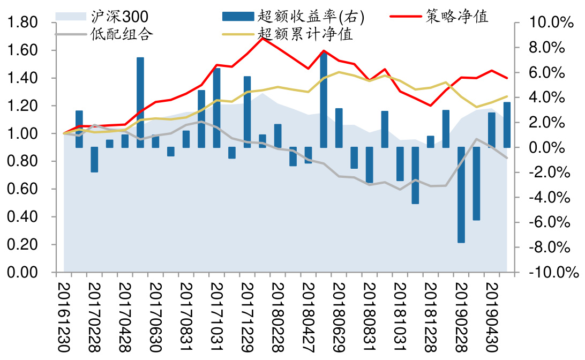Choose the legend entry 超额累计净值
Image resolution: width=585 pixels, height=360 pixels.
pyautogui.click(x=305, y=35)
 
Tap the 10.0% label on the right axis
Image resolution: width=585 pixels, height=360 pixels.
pyautogui.click(x=547, y=23)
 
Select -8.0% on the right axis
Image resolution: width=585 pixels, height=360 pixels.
pyautogui.click(x=547, y=247)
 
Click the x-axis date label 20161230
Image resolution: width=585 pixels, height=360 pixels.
pyautogui.click(x=64, y=316)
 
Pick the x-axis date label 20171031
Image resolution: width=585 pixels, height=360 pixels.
pyautogui.click(x=216, y=316)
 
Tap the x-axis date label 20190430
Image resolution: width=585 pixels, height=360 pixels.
pyautogui.click(x=491, y=316)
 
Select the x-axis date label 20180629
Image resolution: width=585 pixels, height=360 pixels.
pyautogui.click(x=339, y=316)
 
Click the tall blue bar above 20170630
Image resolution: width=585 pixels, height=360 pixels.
pyautogui.click(x=140, y=102)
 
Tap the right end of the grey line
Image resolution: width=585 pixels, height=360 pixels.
pyautogui.click(x=507, y=157)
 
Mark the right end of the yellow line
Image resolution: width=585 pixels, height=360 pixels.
pyautogui.click(x=507, y=96)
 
